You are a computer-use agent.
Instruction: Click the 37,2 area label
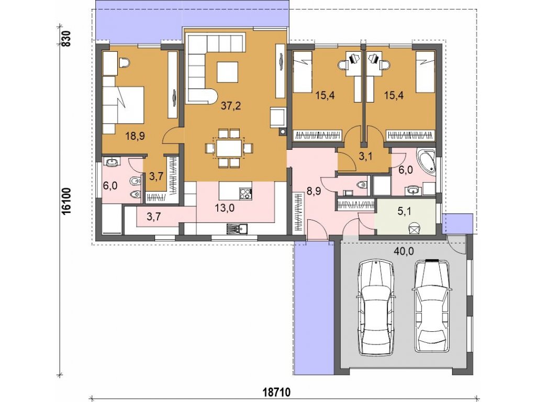(x=231, y=106)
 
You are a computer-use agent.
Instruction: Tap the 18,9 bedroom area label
(x=135, y=136)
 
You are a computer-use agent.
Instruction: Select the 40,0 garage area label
(x=404, y=252)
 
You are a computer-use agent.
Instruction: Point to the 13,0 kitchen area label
(x=225, y=207)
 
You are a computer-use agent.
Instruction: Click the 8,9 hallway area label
(x=314, y=191)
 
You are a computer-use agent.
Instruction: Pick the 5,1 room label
(x=405, y=211)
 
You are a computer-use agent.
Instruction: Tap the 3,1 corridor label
(x=365, y=157)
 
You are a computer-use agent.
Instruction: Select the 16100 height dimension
(x=66, y=200)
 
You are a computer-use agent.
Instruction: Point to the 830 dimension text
(x=66, y=39)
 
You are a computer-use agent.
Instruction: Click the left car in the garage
(x=375, y=307)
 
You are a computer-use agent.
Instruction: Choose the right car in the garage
(x=432, y=306)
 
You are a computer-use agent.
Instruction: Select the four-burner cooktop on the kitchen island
(x=245, y=194)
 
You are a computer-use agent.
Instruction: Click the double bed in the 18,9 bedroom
(x=123, y=105)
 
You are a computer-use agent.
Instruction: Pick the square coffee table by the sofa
(x=227, y=72)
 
